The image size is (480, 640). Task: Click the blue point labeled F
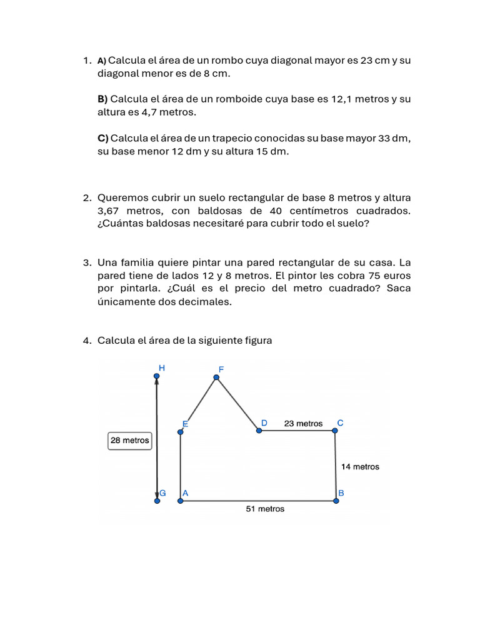(x=216, y=377)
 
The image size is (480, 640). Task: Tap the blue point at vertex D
(x=259, y=430)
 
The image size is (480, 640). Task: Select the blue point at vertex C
(x=334, y=430)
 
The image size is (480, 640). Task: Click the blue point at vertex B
(x=336, y=500)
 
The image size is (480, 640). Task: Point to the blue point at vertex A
(x=180, y=500)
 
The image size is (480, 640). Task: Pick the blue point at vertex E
(x=180, y=430)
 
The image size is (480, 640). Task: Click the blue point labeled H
(x=157, y=376)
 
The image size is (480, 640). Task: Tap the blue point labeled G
(x=157, y=500)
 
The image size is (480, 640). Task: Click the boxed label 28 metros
(x=130, y=440)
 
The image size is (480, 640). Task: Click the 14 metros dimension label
(x=360, y=466)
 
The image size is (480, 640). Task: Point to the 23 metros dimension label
(x=303, y=423)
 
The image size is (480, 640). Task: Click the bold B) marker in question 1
(x=102, y=99)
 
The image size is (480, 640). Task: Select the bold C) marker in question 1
(x=102, y=137)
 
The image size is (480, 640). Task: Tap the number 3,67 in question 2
(x=109, y=211)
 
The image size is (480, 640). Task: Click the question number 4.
(x=87, y=340)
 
